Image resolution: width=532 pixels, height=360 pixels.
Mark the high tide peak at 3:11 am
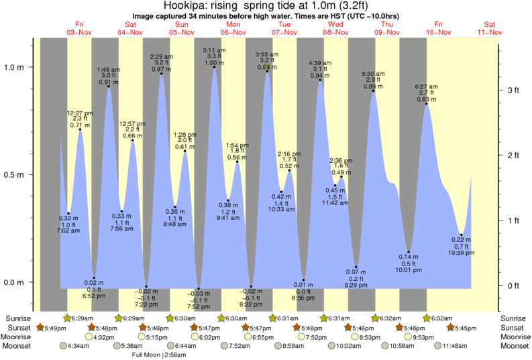215,67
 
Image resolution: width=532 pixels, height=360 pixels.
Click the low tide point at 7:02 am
68,213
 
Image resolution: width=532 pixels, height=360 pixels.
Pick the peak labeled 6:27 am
426,104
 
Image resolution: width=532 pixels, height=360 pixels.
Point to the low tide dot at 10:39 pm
461,235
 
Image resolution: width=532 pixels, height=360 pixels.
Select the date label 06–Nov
233,32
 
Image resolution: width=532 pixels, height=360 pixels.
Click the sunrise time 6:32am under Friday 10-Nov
442,318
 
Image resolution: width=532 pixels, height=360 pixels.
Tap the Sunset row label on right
514,327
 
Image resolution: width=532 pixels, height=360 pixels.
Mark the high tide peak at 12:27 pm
81,129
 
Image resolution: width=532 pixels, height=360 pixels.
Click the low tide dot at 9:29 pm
356,267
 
